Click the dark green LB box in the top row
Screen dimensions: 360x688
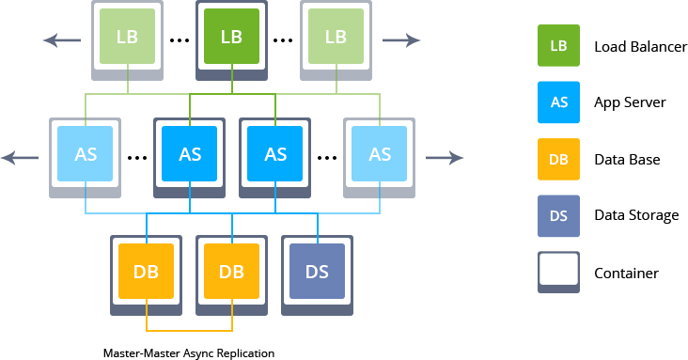click(x=231, y=37)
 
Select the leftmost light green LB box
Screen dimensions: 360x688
click(x=127, y=37)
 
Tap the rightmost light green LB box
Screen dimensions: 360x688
click(x=336, y=37)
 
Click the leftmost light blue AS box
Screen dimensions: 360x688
click(x=86, y=154)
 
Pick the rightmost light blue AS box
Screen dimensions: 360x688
click(x=379, y=154)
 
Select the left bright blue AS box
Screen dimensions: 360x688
click(x=190, y=154)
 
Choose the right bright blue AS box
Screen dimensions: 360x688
click(x=274, y=154)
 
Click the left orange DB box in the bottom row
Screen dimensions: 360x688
click(x=146, y=272)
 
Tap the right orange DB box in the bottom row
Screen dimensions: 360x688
click(x=231, y=272)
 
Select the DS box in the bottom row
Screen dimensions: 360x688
click(x=317, y=272)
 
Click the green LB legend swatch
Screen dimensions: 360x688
click(x=558, y=47)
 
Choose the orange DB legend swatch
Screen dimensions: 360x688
click(x=558, y=160)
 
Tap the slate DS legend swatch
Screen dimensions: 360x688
click(x=558, y=216)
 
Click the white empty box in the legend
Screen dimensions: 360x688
click(x=558, y=270)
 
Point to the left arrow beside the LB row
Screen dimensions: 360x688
click(x=62, y=40)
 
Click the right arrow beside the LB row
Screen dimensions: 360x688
click(x=401, y=40)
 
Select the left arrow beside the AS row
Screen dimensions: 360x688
click(x=20, y=158)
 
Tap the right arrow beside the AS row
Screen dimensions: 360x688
click(x=445, y=158)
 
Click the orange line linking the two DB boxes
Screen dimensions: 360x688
click(x=189, y=331)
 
